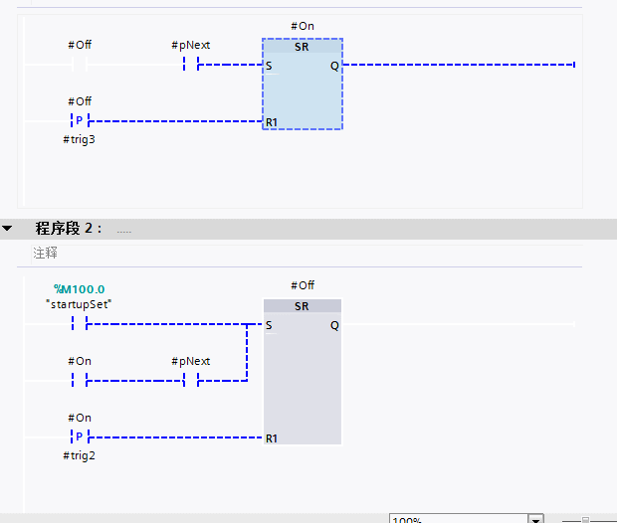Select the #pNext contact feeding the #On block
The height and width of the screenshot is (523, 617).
[191, 66]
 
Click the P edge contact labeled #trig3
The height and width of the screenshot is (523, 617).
[80, 121]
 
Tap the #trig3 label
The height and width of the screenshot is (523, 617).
[80, 140]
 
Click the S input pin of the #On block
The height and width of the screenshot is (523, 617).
[269, 66]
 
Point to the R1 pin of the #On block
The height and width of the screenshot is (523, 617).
[271, 122]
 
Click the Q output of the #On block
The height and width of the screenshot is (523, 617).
[334, 66]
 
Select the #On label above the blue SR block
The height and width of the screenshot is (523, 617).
[303, 26]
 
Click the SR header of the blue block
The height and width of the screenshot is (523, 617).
[303, 46]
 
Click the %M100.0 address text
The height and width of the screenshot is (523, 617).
[80, 289]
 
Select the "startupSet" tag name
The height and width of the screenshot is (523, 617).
[80, 303]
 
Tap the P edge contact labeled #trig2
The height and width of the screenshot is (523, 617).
[80, 436]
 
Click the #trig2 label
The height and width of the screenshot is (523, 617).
[80, 455]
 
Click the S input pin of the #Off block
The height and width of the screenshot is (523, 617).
[269, 325]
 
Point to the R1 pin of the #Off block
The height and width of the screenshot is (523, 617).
[271, 437]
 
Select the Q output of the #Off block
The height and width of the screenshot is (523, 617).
[334, 325]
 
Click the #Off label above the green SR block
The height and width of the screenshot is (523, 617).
[303, 285]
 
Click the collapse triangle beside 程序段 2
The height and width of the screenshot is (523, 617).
[8, 229]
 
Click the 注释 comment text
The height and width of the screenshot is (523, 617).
[45, 254]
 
